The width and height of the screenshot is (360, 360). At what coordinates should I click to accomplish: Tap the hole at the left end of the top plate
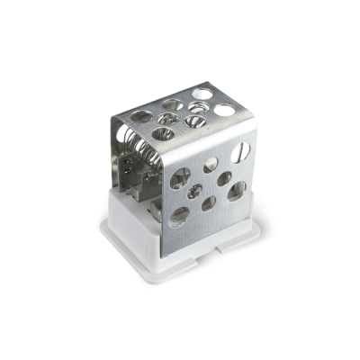pos(141,117)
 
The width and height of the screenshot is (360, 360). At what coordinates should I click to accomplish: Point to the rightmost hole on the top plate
pos(225,109)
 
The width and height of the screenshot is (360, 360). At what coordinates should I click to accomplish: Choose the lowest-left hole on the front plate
pos(180,214)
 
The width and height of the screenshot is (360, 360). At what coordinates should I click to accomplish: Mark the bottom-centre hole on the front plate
pos(209,204)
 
